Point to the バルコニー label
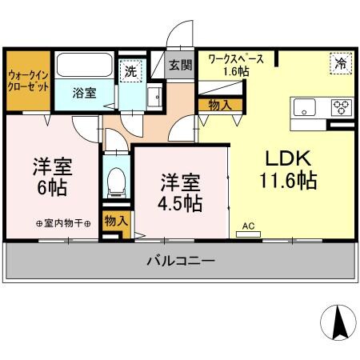(180, 261)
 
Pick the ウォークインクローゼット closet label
(27, 81)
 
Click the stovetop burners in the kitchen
(341, 108)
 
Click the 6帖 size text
(53, 190)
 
